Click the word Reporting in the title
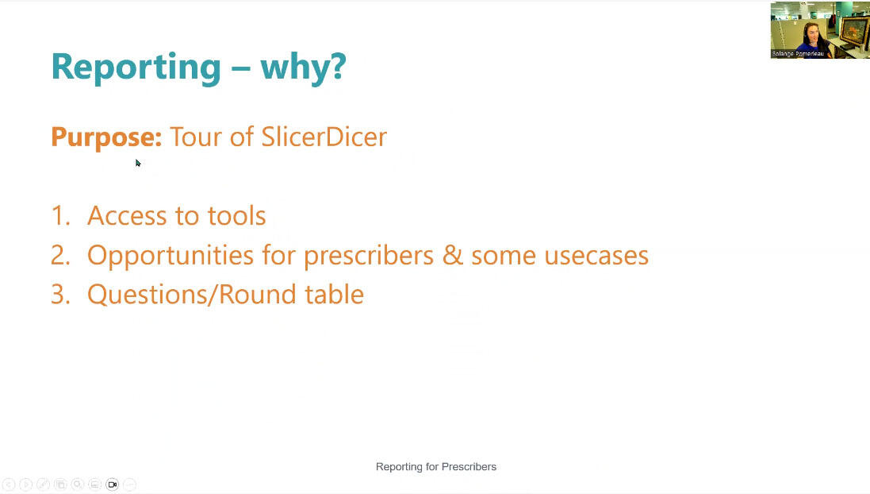coord(136,67)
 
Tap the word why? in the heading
coord(303,67)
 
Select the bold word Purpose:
coord(106,137)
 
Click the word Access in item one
coord(127,216)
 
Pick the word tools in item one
coord(236,216)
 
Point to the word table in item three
coord(334,295)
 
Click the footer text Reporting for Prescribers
coord(435,467)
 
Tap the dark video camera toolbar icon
coord(112,484)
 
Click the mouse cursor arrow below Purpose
coord(138,163)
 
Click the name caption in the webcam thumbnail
coord(798,54)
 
